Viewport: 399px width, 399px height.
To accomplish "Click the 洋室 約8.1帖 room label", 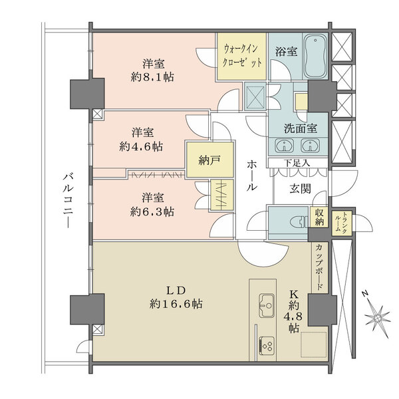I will point(153,70).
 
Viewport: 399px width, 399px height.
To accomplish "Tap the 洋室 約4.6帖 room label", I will point(144,138).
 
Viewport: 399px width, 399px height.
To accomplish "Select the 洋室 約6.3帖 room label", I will point(154,204).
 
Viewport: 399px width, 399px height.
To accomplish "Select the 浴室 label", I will point(282,50).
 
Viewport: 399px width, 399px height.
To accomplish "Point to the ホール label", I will point(252,176).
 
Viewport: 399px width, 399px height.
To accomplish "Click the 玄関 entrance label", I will point(301,188).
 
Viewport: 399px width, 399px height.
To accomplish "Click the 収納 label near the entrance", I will point(321,217).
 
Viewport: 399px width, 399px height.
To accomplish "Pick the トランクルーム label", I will point(340,221).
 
